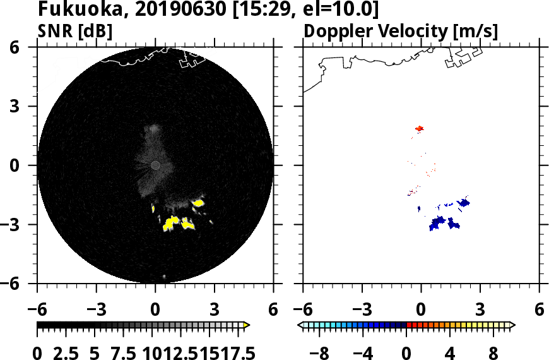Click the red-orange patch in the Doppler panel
click(x=419, y=129)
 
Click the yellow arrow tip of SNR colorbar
click(x=247, y=325)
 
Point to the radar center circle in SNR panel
click(x=155, y=165)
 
